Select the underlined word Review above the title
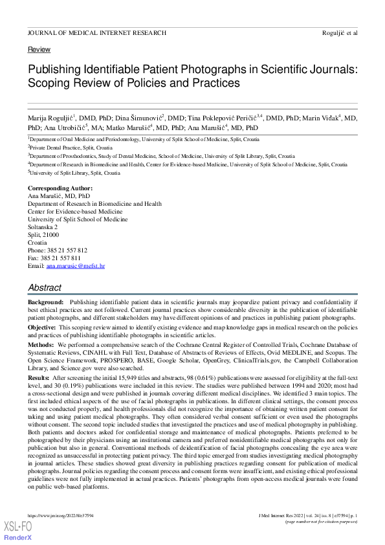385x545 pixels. coord(39,50)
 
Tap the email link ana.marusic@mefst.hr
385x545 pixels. coord(76,266)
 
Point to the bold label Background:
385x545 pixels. coord(46,302)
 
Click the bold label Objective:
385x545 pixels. coord(42,328)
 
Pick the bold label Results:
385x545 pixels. coord(39,377)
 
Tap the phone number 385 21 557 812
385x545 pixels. coord(67,250)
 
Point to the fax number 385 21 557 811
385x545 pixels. coord(63,258)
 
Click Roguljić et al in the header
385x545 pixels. coord(339,32)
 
